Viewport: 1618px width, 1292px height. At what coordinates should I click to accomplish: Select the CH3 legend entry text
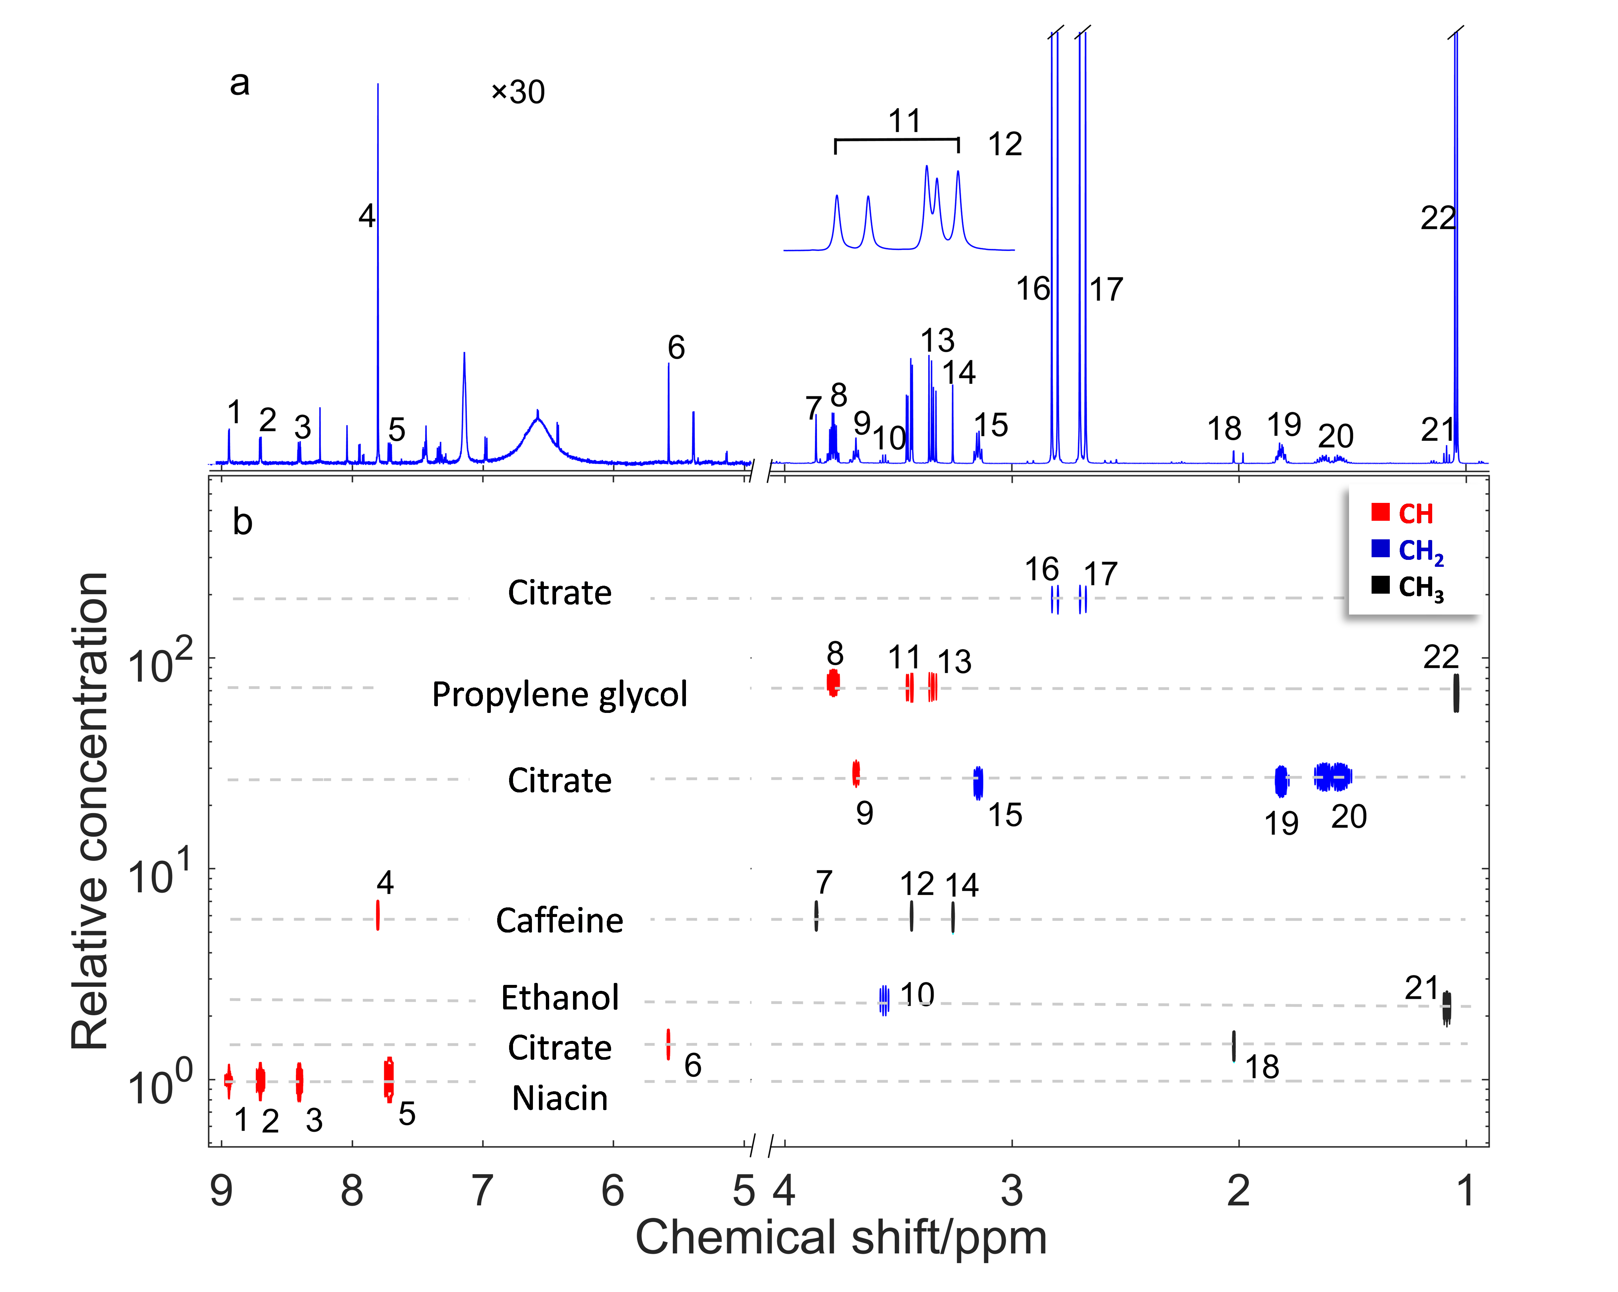pos(1421,587)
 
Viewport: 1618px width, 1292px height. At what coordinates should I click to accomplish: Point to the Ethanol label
pos(560,998)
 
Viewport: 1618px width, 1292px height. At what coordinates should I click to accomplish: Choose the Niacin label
pos(560,1098)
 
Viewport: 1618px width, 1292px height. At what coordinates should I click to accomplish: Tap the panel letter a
pos(239,82)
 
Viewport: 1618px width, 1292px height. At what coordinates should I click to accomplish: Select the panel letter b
pos(242,522)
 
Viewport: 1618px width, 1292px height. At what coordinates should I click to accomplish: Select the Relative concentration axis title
pos(90,811)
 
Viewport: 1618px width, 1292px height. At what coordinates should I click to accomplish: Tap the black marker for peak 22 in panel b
pos(1456,692)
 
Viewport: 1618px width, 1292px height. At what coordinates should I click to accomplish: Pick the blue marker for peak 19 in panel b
pos(1281,781)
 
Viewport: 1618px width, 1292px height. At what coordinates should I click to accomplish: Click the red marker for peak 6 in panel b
pos(668,1044)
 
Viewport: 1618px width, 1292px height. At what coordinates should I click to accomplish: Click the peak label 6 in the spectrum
pos(676,348)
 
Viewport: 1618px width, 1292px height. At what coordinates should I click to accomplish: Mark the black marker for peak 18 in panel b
pos(1234,1046)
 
